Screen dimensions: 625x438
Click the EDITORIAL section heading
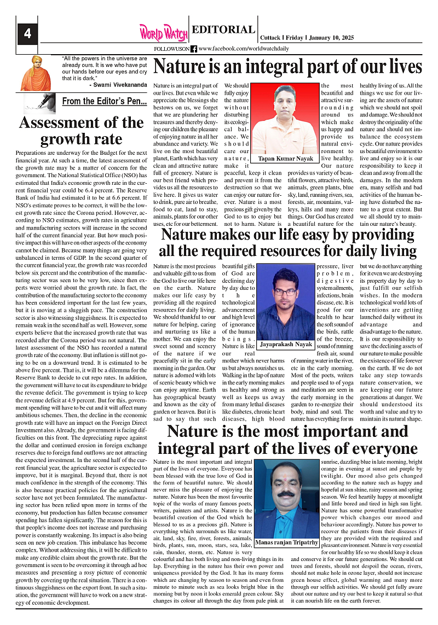click(223, 30)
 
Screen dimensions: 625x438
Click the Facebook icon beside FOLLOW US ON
click(194, 49)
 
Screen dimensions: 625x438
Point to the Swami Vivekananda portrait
click(36, 73)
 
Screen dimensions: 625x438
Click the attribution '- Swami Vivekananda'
click(118, 85)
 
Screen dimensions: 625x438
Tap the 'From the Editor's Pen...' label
click(105, 101)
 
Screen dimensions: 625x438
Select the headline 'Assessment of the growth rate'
click(82, 130)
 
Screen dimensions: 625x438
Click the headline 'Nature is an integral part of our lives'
click(288, 67)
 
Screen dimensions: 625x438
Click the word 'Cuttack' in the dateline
click(270, 37)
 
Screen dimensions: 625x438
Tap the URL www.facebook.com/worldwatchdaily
click(244, 49)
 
